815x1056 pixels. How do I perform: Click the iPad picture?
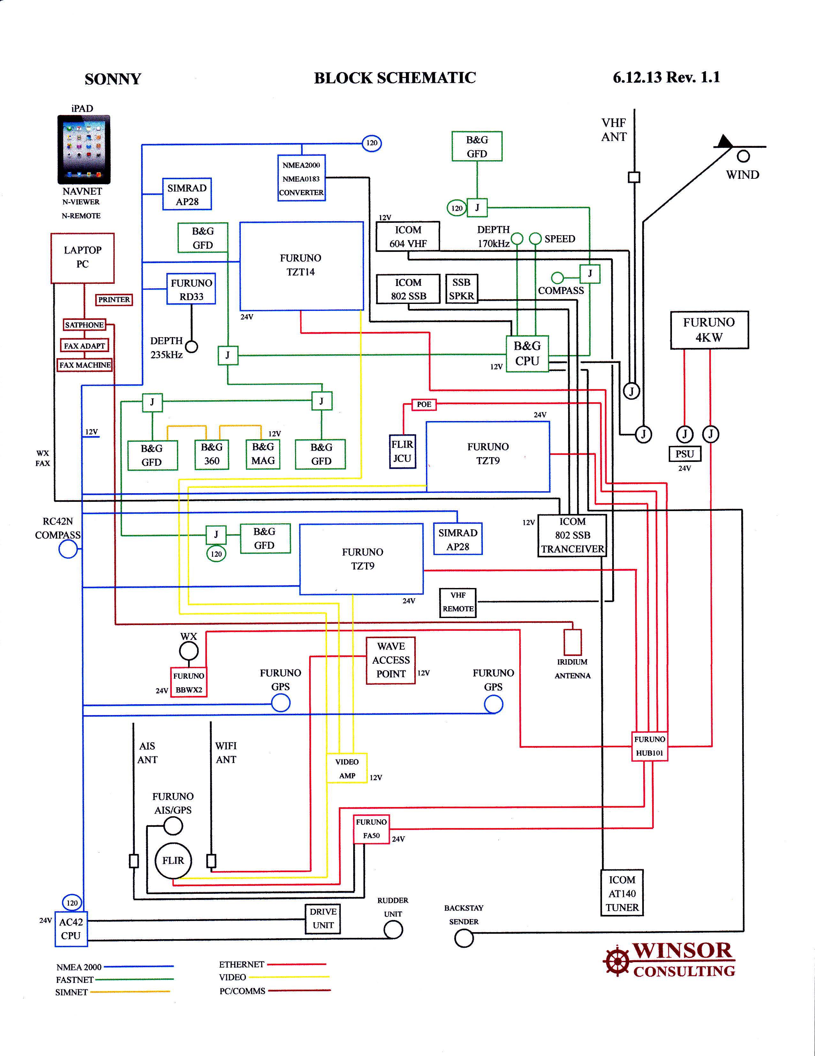pyautogui.click(x=84, y=149)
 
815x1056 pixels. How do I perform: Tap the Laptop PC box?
pyautogui.click(x=83, y=258)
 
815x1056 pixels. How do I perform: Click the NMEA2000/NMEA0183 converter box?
pyautogui.click(x=301, y=178)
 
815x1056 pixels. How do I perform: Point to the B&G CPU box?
pyautogui.click(x=527, y=353)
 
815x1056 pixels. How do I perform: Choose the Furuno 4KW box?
pyautogui.click(x=709, y=330)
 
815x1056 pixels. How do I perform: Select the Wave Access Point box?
pyautogui.click(x=391, y=660)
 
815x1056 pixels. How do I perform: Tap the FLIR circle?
pyautogui.click(x=173, y=860)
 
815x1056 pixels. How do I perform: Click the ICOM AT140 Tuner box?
pyautogui.click(x=622, y=894)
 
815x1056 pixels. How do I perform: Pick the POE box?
pyautogui.click(x=424, y=404)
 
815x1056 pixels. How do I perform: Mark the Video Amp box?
pyautogui.click(x=347, y=768)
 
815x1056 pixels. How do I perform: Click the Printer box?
pyautogui.click(x=114, y=300)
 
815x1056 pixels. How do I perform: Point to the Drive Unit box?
pyautogui.click(x=323, y=918)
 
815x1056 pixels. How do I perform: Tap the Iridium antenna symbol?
pyautogui.click(x=573, y=642)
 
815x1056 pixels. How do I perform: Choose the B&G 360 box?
pyautogui.click(x=212, y=454)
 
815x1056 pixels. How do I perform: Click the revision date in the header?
pyautogui.click(x=666, y=77)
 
